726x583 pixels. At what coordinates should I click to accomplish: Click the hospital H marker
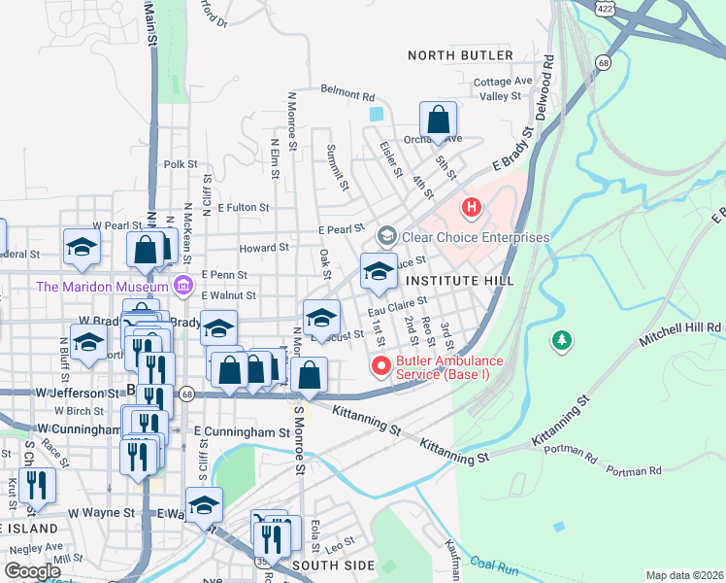click(x=472, y=206)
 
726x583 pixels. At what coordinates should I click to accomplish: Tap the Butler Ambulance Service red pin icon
click(x=380, y=366)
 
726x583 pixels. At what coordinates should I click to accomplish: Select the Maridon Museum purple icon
click(x=181, y=285)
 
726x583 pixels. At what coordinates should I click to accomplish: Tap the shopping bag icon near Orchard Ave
click(x=439, y=121)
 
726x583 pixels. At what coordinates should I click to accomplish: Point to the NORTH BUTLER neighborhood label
click(x=460, y=55)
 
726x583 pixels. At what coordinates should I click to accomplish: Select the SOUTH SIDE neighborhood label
click(x=332, y=565)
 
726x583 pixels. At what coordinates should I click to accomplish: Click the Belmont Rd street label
click(x=347, y=96)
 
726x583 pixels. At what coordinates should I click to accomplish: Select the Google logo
click(x=31, y=571)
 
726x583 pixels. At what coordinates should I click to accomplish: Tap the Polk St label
click(x=181, y=165)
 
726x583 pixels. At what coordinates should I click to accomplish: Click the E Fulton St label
click(x=243, y=207)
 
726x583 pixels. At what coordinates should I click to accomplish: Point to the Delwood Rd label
click(x=548, y=74)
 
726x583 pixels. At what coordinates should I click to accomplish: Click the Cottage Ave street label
click(x=504, y=81)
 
